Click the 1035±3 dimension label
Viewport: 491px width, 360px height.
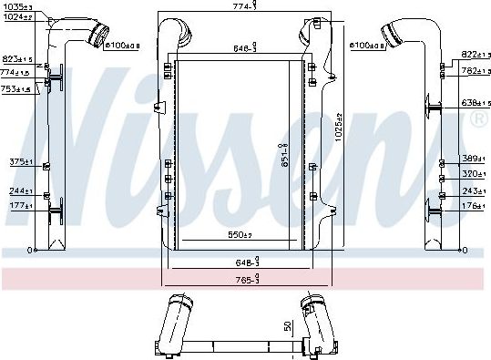coord(15,8)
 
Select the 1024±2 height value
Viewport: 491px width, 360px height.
coord(15,17)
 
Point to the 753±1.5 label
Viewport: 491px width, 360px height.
coord(15,89)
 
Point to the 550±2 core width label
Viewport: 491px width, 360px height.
coord(240,236)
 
